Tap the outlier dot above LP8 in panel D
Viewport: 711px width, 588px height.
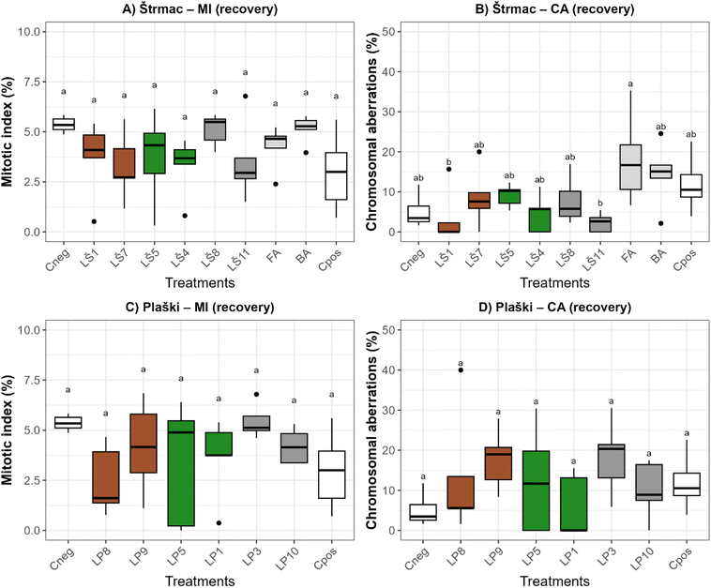coord(461,369)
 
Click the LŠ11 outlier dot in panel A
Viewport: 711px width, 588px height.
coord(246,96)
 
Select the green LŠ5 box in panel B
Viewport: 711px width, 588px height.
coord(483,196)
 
